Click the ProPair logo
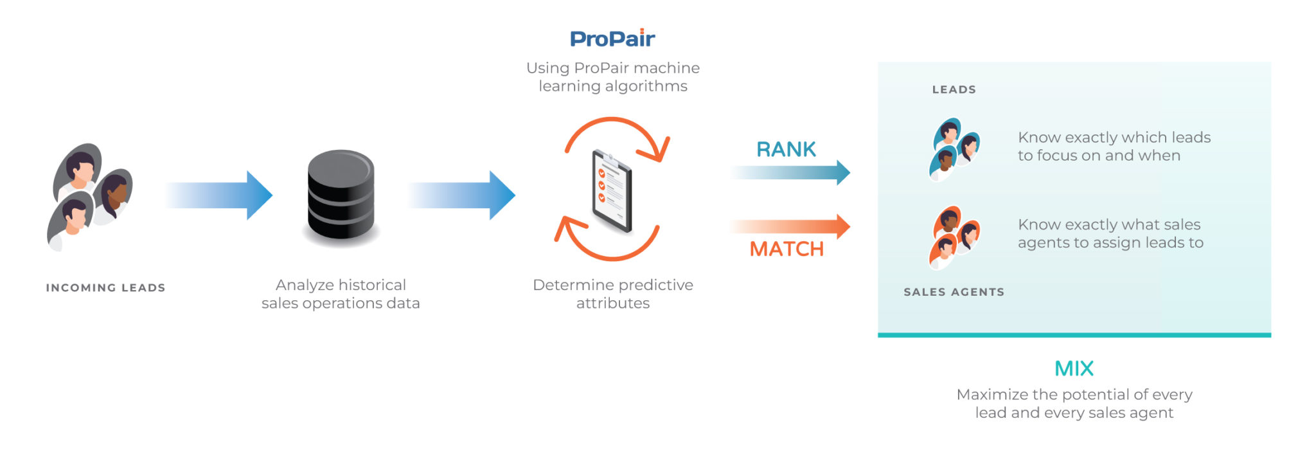click(612, 39)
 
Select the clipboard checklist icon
click(612, 190)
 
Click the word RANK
click(786, 149)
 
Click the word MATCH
click(787, 249)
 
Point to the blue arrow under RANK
click(790, 172)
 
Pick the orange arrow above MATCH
click(790, 226)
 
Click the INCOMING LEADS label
click(105, 287)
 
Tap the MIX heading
click(1074, 368)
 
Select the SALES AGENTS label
click(954, 292)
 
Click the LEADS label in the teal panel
click(954, 89)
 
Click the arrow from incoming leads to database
click(218, 195)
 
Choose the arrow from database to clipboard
click(461, 195)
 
